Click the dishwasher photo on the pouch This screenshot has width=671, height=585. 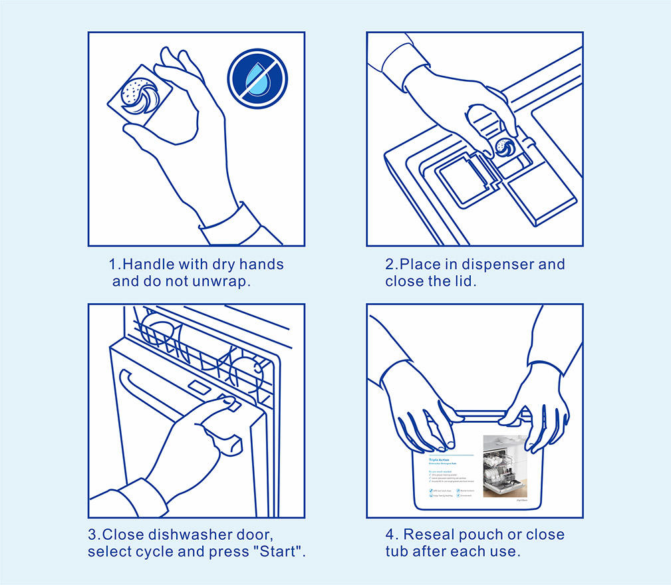tap(505, 465)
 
